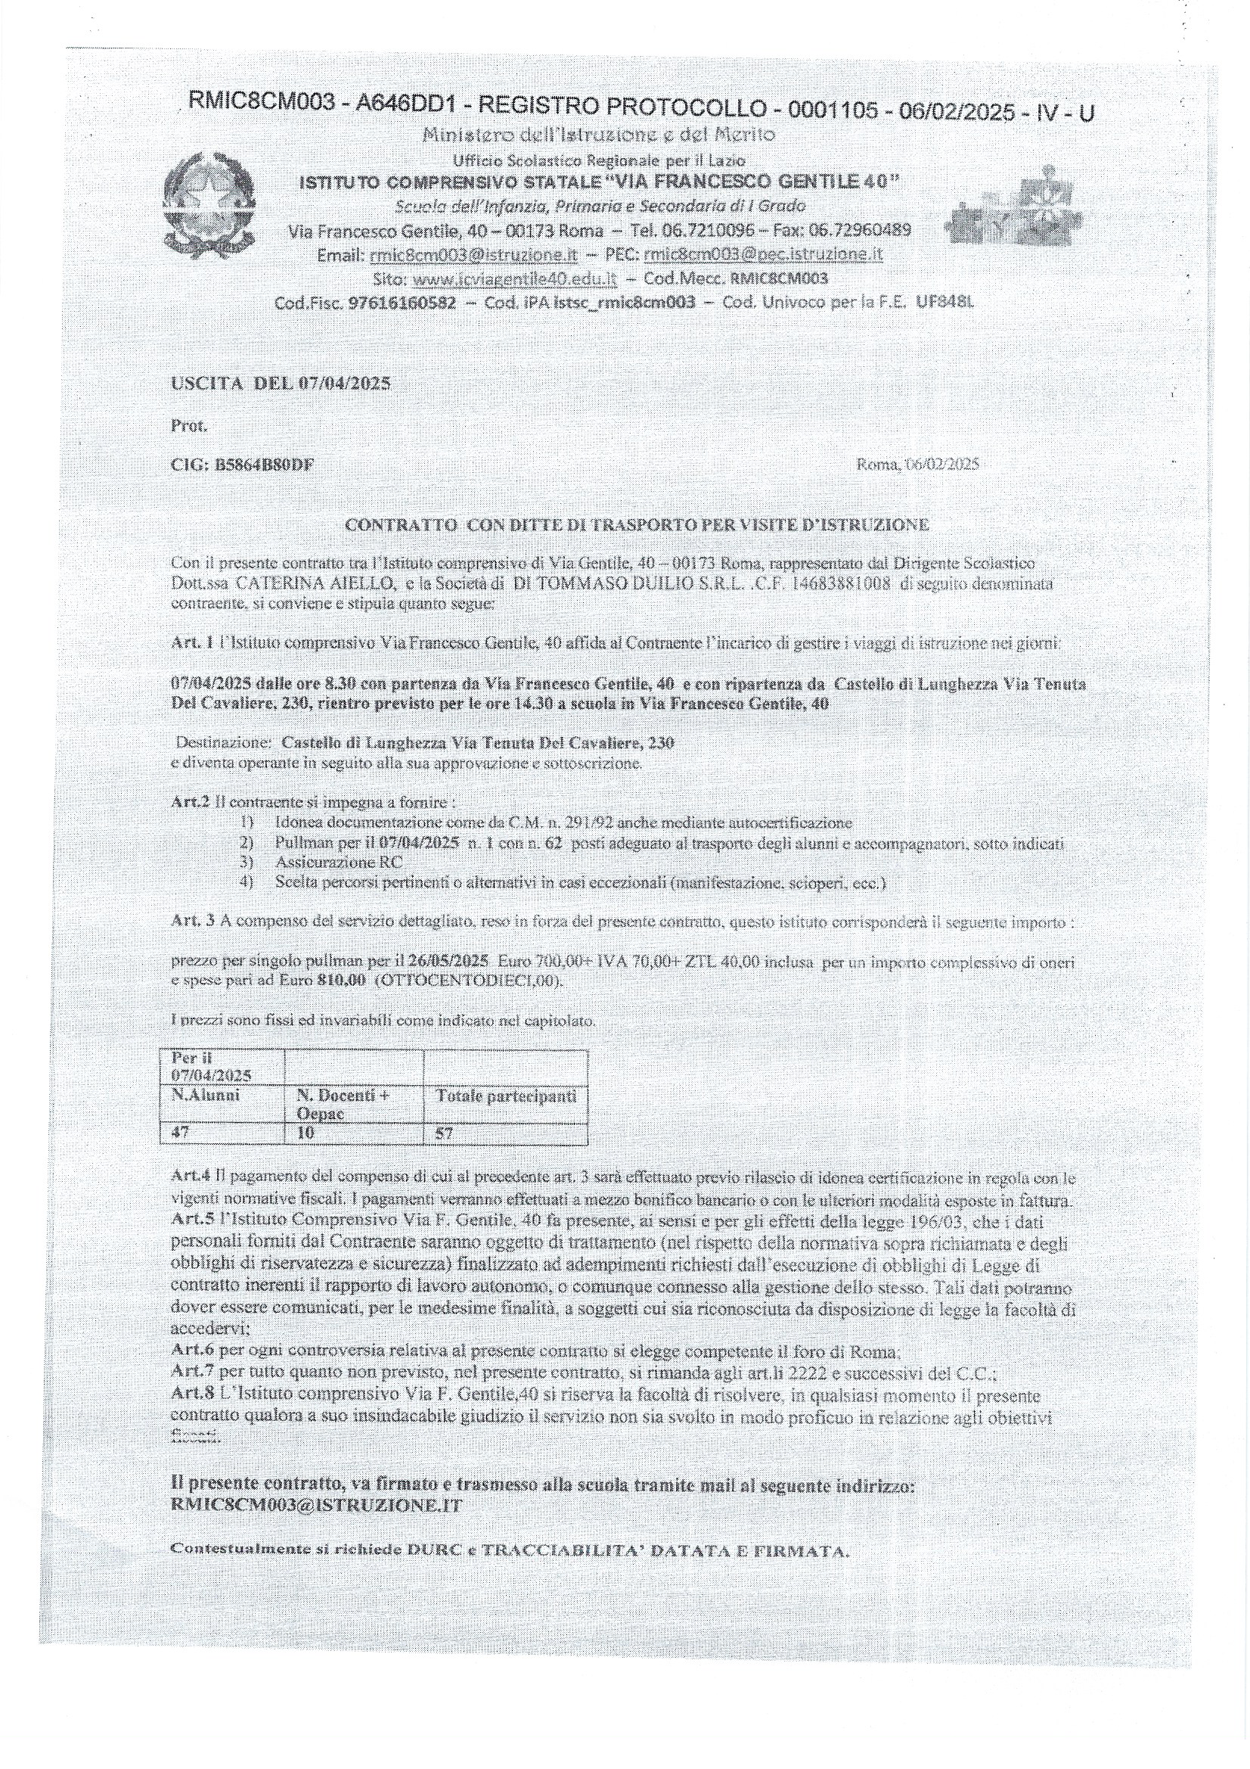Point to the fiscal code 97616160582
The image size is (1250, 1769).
(402, 303)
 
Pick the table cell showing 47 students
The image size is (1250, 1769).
(178, 1133)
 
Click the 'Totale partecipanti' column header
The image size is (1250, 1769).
(506, 1096)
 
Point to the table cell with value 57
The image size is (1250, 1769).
(445, 1133)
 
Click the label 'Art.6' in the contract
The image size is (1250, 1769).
(191, 1351)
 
